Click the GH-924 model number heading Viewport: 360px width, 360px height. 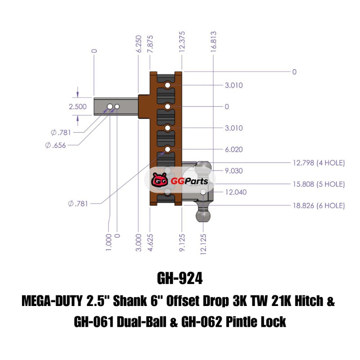click(180, 278)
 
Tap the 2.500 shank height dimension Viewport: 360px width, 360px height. click(77, 107)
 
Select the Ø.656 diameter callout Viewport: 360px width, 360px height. click(55, 145)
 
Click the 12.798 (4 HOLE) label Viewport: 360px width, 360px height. click(319, 163)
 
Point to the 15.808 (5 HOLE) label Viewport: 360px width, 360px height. click(319, 184)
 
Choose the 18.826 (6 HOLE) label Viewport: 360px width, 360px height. click(319, 206)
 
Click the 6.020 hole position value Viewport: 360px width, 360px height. click(234, 149)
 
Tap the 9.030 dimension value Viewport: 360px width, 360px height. click(234, 171)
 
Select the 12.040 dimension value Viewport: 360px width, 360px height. click(236, 192)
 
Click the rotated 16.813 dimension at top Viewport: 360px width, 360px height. click(213, 41)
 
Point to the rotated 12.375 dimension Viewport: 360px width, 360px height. click(182, 41)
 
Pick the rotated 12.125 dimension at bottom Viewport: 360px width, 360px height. click(203, 244)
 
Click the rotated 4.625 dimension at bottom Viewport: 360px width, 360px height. click(150, 243)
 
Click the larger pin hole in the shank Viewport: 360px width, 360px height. click(110, 107)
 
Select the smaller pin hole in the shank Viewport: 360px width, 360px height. click(117, 107)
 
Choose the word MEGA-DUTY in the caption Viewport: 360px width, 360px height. click(52, 301)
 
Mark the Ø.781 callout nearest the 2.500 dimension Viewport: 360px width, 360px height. click(61, 132)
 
